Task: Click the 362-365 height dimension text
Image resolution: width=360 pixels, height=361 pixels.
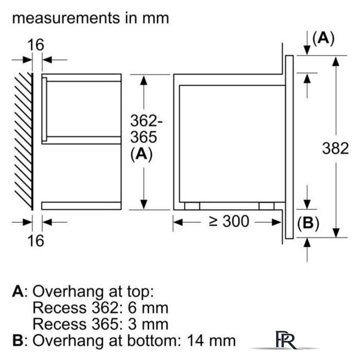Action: tap(146, 129)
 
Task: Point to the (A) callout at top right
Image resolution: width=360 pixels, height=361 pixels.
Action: tap(323, 38)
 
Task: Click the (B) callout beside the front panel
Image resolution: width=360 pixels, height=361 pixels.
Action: tap(308, 223)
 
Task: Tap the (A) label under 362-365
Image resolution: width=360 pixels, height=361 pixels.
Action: tap(141, 155)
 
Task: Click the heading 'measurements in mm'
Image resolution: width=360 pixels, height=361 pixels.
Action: tap(90, 17)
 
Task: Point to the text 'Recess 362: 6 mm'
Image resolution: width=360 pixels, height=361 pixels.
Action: tap(100, 308)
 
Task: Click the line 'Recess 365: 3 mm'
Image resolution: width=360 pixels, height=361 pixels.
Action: tap(100, 324)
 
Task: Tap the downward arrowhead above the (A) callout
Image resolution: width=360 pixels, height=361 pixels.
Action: tap(307, 51)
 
